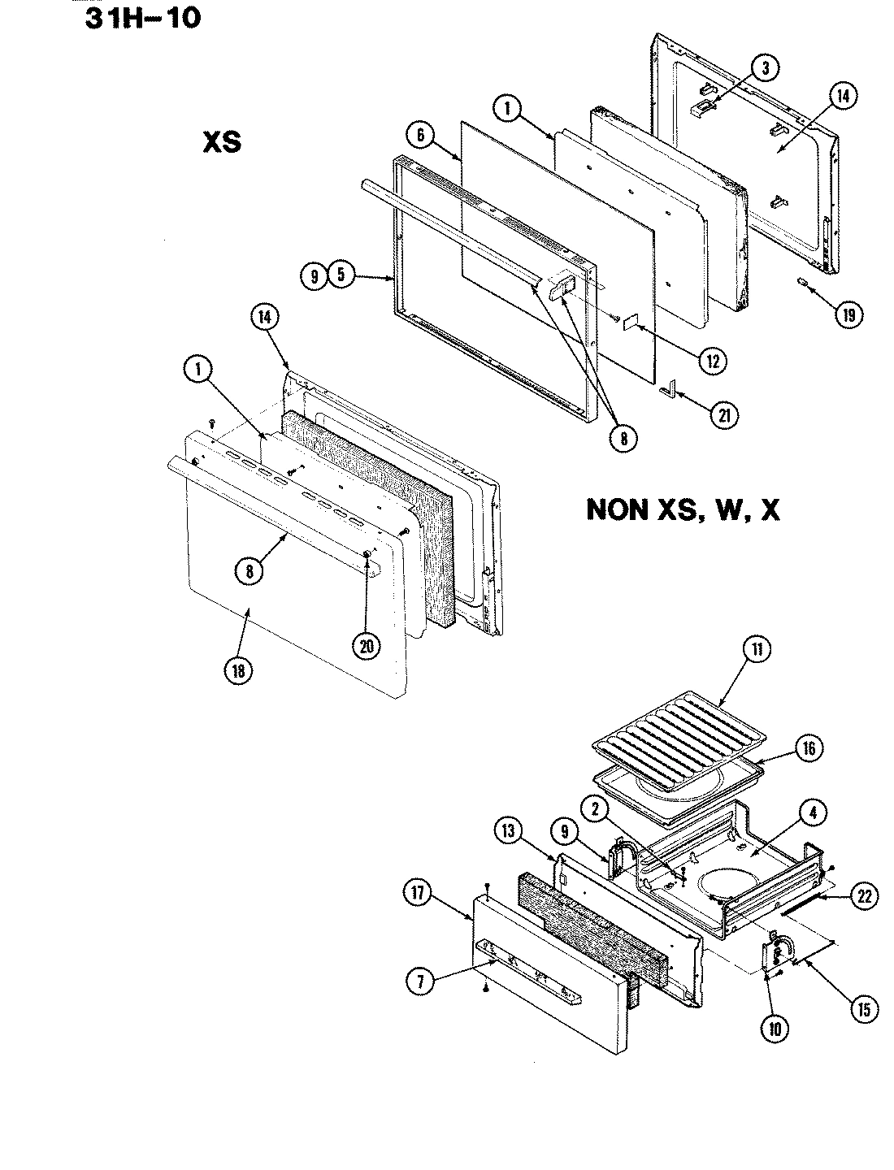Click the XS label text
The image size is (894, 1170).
tap(221, 142)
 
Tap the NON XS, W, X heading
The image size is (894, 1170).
tap(683, 511)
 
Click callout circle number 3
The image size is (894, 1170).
tap(764, 70)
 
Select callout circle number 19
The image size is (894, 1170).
tap(848, 315)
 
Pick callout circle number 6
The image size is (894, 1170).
tap(421, 136)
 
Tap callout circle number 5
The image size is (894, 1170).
tap(341, 276)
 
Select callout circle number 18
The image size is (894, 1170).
tap(240, 670)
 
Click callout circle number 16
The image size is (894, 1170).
tap(809, 747)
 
